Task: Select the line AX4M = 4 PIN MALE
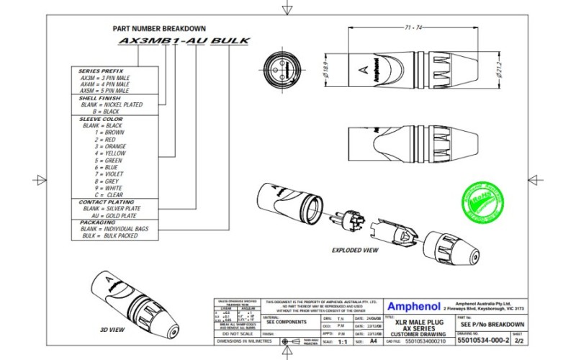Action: [x=104, y=84]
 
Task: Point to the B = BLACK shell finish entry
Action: [x=100, y=112]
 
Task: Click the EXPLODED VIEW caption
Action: [x=355, y=251]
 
